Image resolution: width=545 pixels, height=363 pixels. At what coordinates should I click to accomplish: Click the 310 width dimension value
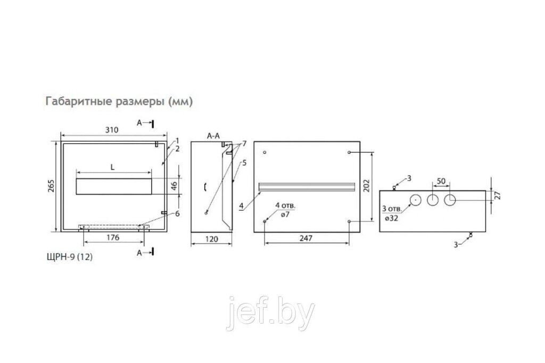(x=112, y=130)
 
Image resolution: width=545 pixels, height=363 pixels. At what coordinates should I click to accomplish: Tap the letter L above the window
(x=112, y=167)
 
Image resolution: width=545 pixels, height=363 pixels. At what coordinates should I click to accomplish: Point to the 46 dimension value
(x=175, y=186)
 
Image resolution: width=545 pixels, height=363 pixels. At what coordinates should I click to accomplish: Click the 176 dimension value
(x=113, y=237)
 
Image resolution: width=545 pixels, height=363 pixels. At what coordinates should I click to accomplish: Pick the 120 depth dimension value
(x=212, y=239)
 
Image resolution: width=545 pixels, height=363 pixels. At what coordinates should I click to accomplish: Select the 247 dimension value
(x=306, y=238)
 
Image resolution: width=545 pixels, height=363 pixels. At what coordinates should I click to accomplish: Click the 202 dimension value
(x=366, y=186)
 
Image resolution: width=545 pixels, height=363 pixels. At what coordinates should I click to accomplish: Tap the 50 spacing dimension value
(x=441, y=181)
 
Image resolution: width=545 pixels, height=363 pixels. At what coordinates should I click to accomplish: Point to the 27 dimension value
(x=498, y=195)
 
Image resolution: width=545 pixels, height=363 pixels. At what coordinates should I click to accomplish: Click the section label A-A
(x=213, y=136)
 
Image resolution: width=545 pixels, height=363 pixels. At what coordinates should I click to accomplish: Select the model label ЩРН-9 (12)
(x=70, y=257)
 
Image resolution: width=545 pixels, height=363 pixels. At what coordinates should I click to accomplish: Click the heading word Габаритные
(x=73, y=101)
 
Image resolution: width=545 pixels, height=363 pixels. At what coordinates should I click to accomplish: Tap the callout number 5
(x=244, y=163)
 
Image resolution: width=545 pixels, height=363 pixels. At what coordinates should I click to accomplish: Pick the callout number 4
(x=241, y=206)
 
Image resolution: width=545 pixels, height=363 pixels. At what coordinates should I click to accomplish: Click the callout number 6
(x=177, y=214)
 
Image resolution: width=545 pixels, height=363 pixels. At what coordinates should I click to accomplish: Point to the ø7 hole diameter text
(x=285, y=214)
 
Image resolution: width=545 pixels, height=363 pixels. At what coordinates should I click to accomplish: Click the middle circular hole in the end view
(x=432, y=200)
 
